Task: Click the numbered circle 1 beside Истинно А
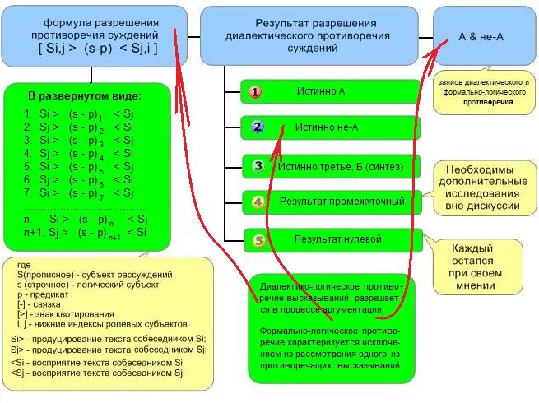click(255, 91)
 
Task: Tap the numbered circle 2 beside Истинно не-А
click(257, 127)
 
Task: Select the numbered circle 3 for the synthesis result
click(258, 165)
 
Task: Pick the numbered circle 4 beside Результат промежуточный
click(258, 201)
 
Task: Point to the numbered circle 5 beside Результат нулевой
click(258, 240)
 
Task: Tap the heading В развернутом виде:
click(85, 95)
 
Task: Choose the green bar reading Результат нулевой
click(338, 239)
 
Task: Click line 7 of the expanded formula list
click(79, 192)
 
